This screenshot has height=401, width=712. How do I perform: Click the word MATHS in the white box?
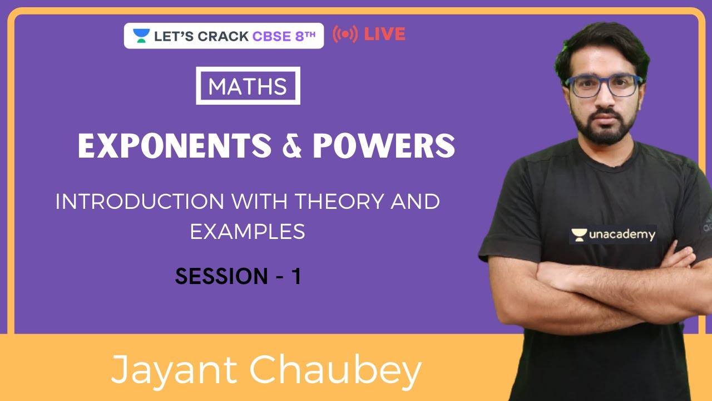pyautogui.click(x=248, y=86)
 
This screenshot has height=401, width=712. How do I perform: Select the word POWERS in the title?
pyautogui.click(x=384, y=146)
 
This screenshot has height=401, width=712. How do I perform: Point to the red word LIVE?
pyautogui.click(x=384, y=35)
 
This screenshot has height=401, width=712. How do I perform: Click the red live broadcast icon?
pyautogui.click(x=345, y=35)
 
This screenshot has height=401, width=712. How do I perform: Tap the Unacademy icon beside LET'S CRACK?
pyautogui.click(x=141, y=36)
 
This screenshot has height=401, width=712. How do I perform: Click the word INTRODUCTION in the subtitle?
pyautogui.click(x=140, y=202)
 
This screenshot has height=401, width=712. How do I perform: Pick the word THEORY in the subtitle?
pyautogui.click(x=341, y=202)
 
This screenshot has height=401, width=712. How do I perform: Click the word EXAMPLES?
pyautogui.click(x=248, y=231)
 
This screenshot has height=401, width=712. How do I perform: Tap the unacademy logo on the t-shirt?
pyautogui.click(x=612, y=234)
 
